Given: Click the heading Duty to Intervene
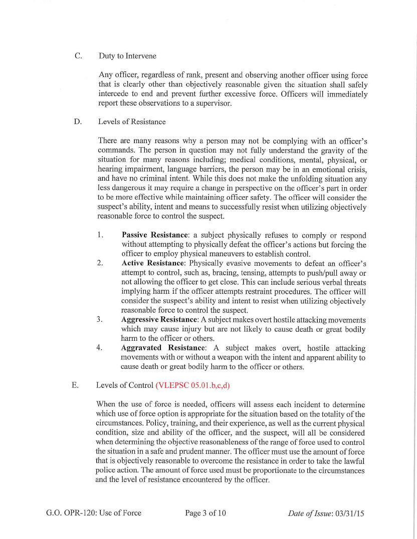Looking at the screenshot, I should point(127,56).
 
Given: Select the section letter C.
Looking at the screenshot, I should point(78,56).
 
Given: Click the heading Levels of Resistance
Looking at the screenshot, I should point(132,122).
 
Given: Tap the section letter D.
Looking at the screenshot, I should point(78,122).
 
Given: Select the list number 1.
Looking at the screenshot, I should point(100,235).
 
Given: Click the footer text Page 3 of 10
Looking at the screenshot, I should point(205,512).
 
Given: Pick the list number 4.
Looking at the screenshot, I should point(100,348).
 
